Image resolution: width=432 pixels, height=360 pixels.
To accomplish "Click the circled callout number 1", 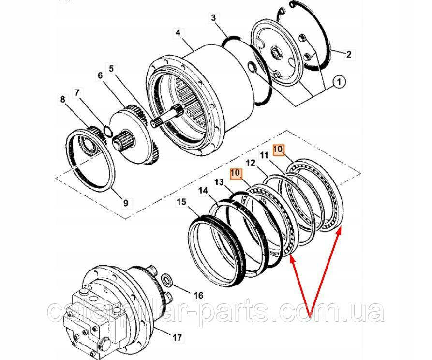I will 339,82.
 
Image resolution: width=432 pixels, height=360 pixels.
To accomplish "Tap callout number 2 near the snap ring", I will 349,55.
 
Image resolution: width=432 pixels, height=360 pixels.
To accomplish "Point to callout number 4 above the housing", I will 178,33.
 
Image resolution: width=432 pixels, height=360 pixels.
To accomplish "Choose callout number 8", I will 62,100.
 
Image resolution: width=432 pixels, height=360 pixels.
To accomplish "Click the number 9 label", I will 125,203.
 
